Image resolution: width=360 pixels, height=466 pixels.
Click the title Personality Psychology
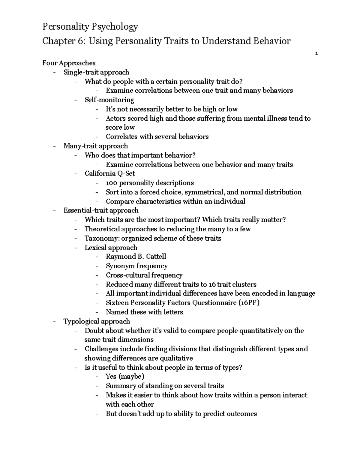point(90,27)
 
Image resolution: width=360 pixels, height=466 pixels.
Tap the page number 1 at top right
point(316,54)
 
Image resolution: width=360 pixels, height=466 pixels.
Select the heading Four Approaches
point(69,63)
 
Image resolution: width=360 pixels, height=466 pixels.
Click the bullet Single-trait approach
point(96,72)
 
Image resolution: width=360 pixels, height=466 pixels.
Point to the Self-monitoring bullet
point(109,100)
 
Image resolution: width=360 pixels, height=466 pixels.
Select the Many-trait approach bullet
point(96,146)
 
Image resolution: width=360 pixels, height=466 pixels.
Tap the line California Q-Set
point(110,173)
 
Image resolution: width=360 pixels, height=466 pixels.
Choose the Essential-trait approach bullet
point(101,210)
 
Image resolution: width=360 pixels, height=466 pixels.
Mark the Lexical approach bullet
point(111,248)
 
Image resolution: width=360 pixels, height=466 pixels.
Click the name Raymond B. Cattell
point(136,257)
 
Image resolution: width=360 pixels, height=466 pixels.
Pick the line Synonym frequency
point(136,266)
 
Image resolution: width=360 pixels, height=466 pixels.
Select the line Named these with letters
point(144,312)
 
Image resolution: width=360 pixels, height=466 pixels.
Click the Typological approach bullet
point(97,321)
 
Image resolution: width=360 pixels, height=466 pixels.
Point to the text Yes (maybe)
point(125,377)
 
